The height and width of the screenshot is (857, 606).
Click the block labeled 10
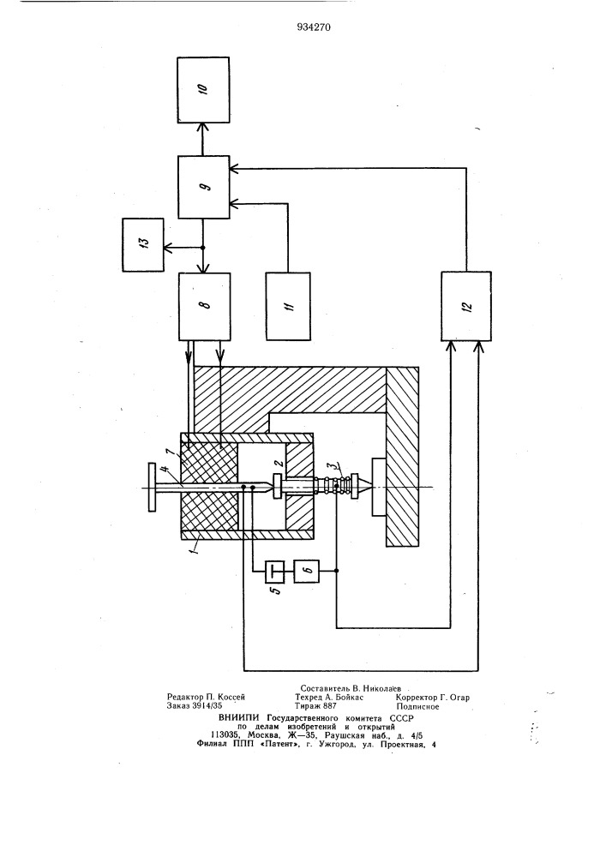(205, 89)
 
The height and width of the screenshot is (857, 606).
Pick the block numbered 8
(205, 306)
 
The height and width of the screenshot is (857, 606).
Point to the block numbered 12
(465, 306)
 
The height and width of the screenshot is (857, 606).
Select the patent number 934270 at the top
(304, 27)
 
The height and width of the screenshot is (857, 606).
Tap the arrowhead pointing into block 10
(205, 126)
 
